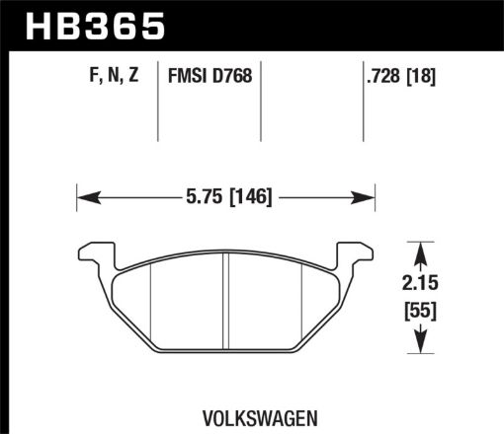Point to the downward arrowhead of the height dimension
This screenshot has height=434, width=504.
click(422, 346)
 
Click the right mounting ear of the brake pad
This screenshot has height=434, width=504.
click(362, 253)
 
